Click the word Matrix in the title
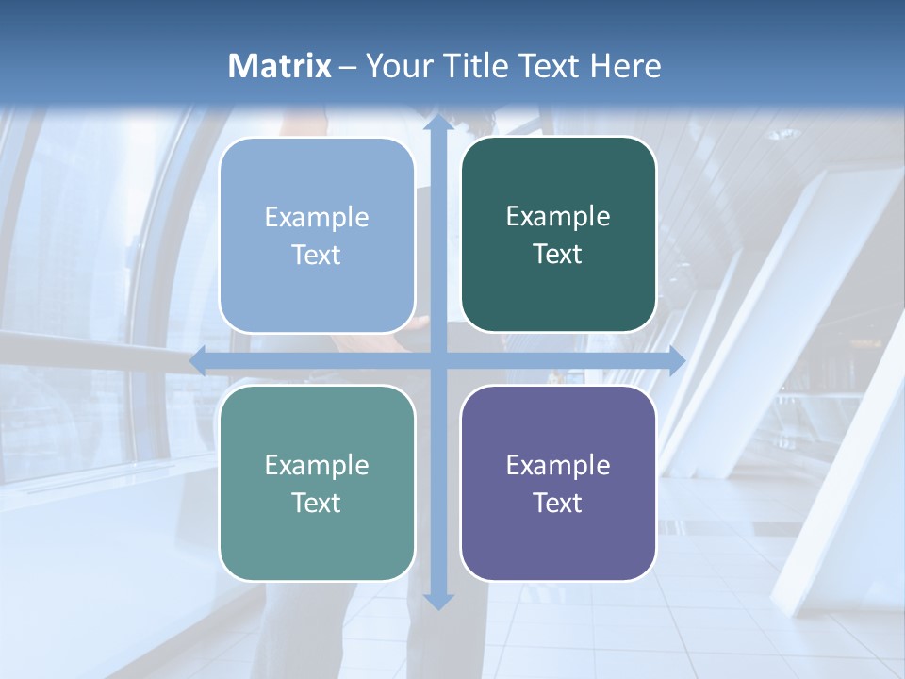280,66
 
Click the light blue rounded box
317,235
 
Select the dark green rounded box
558,235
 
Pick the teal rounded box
317,483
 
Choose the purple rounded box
558,483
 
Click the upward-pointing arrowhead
437,123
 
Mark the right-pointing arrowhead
676,360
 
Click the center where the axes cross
437,360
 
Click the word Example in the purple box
558,465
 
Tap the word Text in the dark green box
558,255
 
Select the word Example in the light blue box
317,217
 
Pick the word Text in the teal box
317,503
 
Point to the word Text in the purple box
558,503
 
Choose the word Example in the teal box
317,465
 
